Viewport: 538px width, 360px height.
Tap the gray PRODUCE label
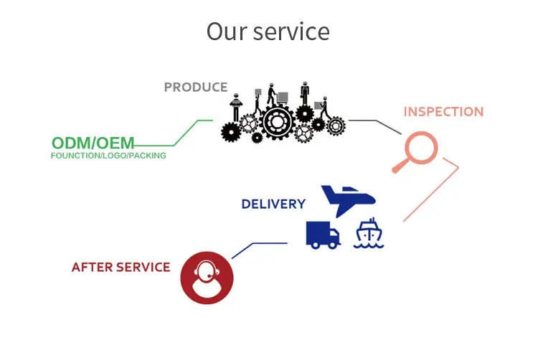click(x=196, y=87)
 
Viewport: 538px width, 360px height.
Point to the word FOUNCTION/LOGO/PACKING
click(x=108, y=156)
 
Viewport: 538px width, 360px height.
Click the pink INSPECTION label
click(x=443, y=112)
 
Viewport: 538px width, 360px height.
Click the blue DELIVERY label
click(x=273, y=204)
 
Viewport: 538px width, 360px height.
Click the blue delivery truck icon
click(x=322, y=234)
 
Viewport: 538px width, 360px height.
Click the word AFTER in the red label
click(x=93, y=267)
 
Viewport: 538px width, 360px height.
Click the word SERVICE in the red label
click(x=144, y=267)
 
